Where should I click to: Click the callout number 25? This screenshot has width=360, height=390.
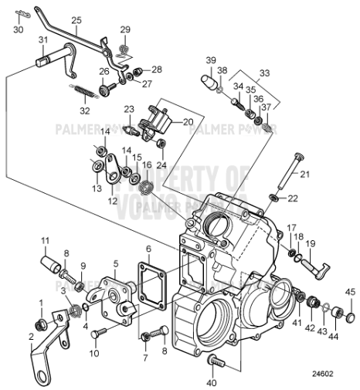pyautogui.click(x=76, y=20)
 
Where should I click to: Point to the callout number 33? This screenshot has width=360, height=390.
pyautogui.click(x=265, y=72)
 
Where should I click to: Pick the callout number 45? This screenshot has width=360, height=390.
pyautogui.click(x=349, y=291)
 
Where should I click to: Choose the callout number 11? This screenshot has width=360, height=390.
pyautogui.click(x=45, y=240)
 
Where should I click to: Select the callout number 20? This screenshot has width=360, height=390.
pyautogui.click(x=188, y=121)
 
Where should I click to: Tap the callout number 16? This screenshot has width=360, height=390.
pyautogui.click(x=147, y=164)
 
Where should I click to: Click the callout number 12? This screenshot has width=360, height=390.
pyautogui.click(x=114, y=200)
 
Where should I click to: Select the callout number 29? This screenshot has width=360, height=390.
pyautogui.click(x=125, y=29)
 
